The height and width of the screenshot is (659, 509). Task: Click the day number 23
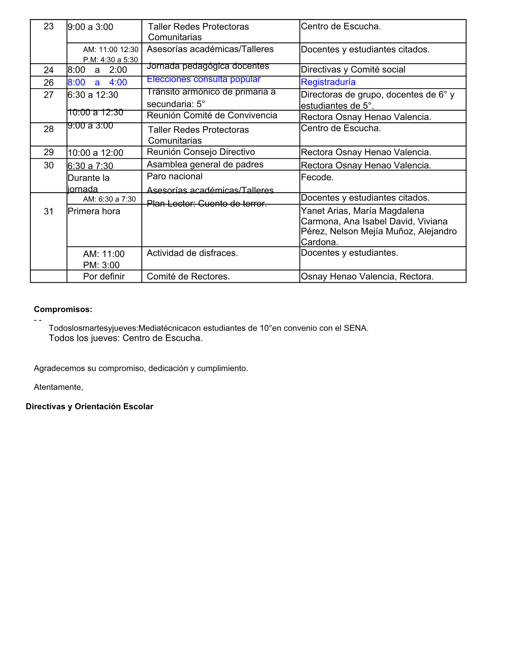pyautogui.click(x=48, y=26)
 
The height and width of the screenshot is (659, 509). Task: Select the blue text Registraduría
pyautogui.click(x=328, y=82)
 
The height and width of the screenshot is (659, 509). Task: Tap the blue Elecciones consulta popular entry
pyautogui.click(x=204, y=79)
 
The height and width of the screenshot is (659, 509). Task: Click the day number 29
pyautogui.click(x=48, y=152)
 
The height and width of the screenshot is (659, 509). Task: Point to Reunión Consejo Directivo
pyautogui.click(x=201, y=152)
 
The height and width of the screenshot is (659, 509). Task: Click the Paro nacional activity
pyautogui.click(x=175, y=176)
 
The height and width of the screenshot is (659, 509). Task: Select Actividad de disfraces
pyautogui.click(x=192, y=253)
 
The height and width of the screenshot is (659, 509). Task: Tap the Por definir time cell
pyautogui.click(x=104, y=276)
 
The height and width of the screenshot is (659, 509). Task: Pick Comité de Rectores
pyautogui.click(x=188, y=276)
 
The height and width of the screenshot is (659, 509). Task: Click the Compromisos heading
pyautogui.click(x=63, y=309)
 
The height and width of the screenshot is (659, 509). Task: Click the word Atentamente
pyautogui.click(x=58, y=387)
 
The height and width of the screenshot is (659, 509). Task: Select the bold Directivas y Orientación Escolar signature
pyautogui.click(x=89, y=407)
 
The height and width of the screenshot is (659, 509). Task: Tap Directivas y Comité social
pyautogui.click(x=353, y=70)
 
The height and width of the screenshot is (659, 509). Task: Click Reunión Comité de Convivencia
pyautogui.click(x=212, y=115)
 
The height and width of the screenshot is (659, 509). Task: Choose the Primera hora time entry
pyautogui.click(x=94, y=211)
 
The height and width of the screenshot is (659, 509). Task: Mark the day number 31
pyautogui.click(x=48, y=212)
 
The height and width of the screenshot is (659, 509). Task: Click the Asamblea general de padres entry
pyautogui.click(x=205, y=164)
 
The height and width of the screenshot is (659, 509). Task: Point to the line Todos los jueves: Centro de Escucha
pyautogui.click(x=126, y=338)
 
